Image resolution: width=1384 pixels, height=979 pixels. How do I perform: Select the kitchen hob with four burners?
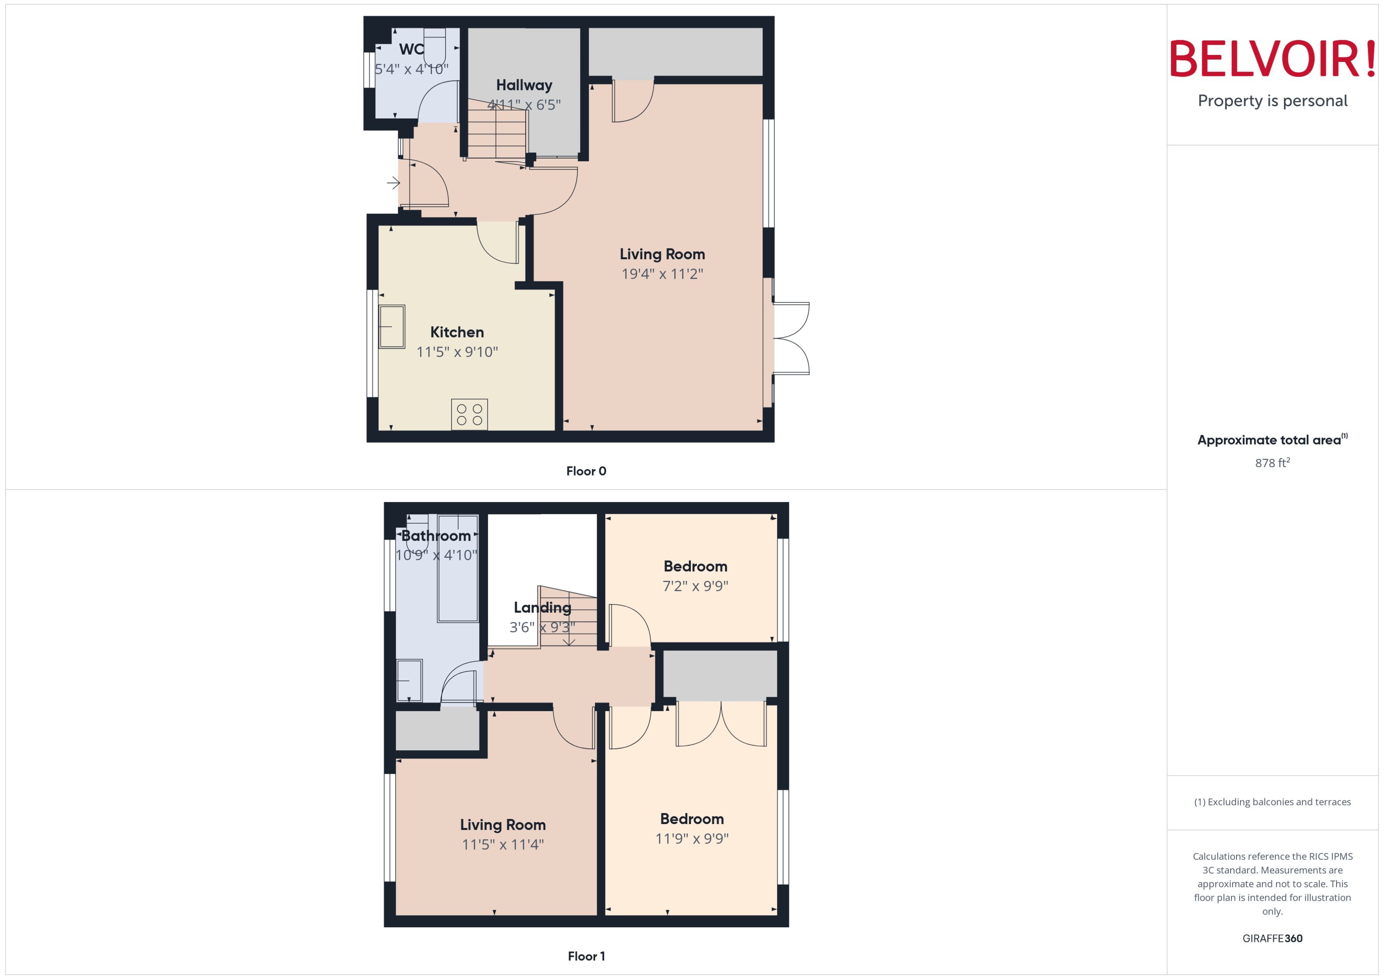point(469,415)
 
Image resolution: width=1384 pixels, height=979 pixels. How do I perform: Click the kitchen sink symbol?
point(391,327)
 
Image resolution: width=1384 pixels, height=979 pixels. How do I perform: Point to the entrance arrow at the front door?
point(393,183)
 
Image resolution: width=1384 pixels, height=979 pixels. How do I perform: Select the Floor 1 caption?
point(586,956)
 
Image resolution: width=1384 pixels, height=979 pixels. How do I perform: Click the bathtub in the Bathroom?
point(458,568)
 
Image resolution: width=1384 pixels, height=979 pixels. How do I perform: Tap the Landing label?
point(542,607)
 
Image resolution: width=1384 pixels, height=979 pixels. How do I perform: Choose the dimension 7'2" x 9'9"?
point(695,586)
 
